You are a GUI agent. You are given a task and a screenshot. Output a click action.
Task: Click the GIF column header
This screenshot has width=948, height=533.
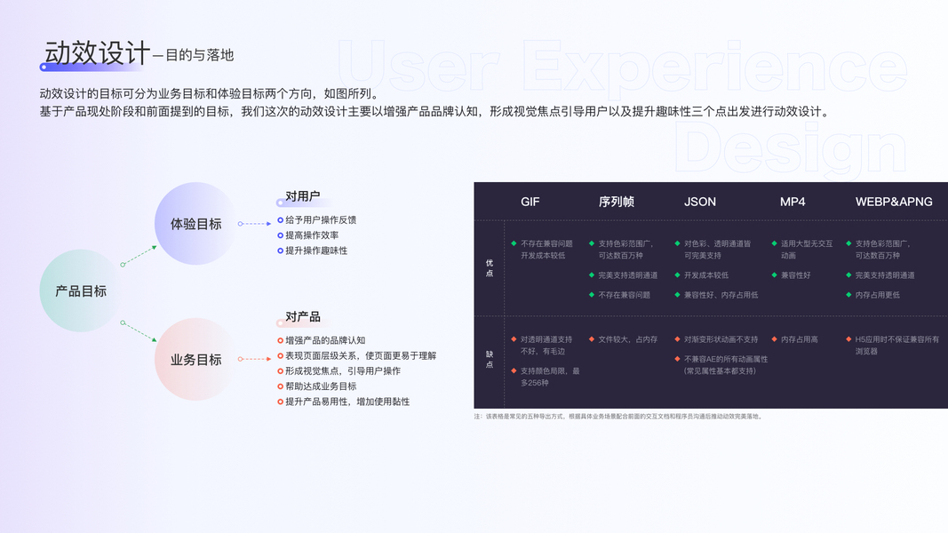click(530, 202)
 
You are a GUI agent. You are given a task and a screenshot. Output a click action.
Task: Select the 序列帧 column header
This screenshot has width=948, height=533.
click(616, 202)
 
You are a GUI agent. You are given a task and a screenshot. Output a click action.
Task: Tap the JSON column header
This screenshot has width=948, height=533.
click(700, 202)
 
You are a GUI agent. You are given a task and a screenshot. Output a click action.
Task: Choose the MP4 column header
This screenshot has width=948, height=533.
click(793, 202)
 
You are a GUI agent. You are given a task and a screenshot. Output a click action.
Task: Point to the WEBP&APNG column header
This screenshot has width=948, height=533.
click(894, 202)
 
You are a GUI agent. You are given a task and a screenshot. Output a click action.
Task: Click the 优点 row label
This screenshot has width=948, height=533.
click(489, 268)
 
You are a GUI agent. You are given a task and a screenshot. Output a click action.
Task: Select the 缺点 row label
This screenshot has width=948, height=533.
click(489, 359)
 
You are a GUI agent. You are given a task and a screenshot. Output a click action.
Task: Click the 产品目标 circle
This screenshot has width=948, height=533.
click(81, 290)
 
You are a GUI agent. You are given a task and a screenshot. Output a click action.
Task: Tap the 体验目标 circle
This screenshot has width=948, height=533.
click(196, 224)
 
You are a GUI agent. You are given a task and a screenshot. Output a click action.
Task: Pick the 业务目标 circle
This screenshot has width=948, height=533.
click(196, 360)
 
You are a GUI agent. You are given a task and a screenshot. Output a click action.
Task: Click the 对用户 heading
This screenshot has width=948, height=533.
click(302, 196)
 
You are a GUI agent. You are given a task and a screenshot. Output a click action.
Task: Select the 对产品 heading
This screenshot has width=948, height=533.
click(302, 317)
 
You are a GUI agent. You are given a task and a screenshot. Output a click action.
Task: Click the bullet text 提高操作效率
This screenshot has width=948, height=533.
click(312, 235)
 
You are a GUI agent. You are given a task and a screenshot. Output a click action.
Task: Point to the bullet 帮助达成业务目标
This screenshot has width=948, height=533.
click(321, 386)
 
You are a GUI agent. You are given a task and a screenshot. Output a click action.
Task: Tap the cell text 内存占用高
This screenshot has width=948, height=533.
click(800, 339)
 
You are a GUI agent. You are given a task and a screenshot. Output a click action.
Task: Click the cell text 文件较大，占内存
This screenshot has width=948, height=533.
click(628, 339)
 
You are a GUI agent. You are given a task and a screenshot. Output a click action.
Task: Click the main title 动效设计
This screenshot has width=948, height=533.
click(97, 52)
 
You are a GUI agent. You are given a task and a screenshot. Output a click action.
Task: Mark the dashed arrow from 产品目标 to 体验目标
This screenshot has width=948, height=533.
click(139, 256)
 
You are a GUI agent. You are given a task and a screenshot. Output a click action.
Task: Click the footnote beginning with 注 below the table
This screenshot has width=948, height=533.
click(618, 417)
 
